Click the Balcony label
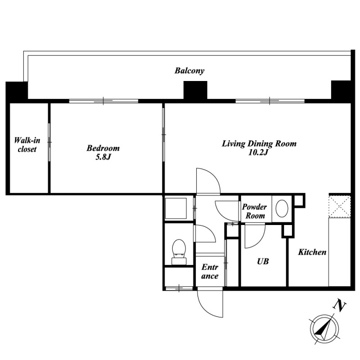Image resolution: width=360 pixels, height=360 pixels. [x=189, y=71]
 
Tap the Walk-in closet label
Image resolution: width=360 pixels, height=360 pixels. [x=27, y=144]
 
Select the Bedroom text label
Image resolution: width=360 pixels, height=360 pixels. [x=103, y=148]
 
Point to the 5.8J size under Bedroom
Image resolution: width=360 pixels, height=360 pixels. [x=103, y=157]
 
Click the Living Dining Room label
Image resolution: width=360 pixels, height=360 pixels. [x=259, y=144]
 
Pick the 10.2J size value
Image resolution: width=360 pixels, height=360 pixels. [x=258, y=153]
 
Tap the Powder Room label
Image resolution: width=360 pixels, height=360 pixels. [x=255, y=211]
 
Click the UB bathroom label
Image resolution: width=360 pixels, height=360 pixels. [x=263, y=261]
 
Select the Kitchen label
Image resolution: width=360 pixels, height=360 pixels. [x=312, y=252]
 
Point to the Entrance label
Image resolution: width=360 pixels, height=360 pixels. [x=210, y=271]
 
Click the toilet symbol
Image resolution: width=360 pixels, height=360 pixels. [x=179, y=252]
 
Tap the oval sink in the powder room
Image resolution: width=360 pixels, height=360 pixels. [x=282, y=208]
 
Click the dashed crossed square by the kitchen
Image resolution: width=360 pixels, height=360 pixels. [x=340, y=207]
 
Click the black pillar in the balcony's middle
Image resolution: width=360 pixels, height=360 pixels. [x=195, y=90]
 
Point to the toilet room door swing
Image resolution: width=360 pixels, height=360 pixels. [x=210, y=232]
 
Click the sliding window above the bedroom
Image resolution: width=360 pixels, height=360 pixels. [x=103, y=101]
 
